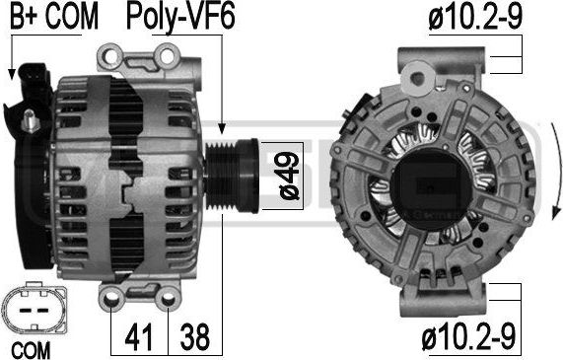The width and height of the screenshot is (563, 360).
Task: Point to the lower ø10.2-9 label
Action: [470, 340]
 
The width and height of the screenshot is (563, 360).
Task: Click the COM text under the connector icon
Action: [31, 349]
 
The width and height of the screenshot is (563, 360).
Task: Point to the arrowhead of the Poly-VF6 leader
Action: [223, 128]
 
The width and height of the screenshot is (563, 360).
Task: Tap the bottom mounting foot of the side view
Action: [142, 295]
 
